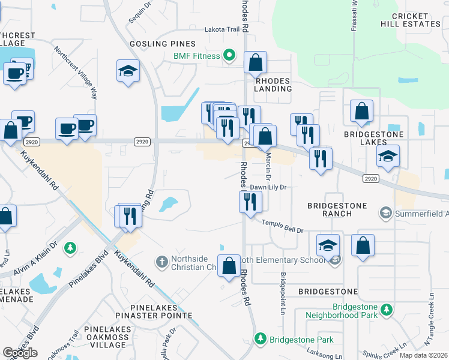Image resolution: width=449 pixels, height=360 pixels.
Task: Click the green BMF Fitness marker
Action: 229,56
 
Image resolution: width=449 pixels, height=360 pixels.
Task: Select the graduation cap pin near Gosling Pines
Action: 128,71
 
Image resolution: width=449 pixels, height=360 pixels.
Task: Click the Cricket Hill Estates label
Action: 411,20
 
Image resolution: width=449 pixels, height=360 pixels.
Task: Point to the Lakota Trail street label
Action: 222,29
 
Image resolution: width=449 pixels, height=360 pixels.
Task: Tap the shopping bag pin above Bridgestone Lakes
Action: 361,111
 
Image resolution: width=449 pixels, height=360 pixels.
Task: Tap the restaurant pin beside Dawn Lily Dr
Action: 250,202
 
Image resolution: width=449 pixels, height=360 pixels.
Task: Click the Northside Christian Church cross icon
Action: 161,262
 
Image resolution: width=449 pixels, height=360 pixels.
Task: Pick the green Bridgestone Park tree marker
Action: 261,339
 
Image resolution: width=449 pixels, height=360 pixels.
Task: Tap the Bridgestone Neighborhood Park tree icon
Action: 388,309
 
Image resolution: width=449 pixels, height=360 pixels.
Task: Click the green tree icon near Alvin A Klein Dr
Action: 70,247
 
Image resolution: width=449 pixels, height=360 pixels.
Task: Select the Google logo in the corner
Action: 20,352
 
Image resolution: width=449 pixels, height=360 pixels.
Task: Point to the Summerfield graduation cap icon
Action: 385,213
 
